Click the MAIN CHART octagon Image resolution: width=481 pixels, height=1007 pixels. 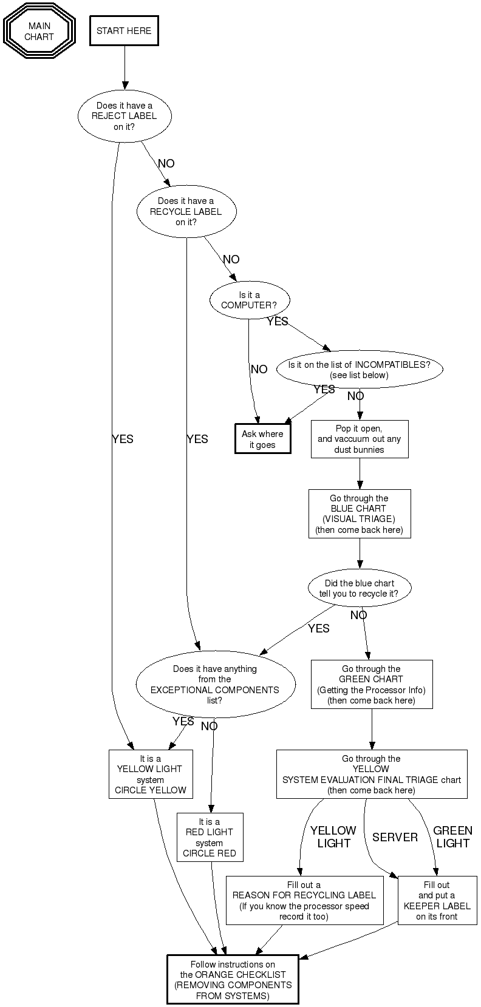point(39,32)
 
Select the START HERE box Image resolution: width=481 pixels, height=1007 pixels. point(124,31)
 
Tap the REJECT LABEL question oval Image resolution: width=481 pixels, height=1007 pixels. point(125,116)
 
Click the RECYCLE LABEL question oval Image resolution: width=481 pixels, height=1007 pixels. point(186,212)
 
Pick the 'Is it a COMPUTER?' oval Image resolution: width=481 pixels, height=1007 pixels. point(249,300)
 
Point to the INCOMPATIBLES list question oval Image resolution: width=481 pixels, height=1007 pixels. point(360,370)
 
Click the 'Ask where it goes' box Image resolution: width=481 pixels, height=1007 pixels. point(262,439)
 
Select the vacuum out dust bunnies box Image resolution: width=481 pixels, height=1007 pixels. point(359,439)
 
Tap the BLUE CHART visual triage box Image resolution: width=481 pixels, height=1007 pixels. point(359,514)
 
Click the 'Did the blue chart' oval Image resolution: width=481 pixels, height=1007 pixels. point(359,588)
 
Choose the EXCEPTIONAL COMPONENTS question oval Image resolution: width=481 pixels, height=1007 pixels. point(215,685)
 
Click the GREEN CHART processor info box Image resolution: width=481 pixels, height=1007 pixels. point(371,685)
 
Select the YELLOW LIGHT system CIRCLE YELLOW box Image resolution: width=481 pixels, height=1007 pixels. point(150,774)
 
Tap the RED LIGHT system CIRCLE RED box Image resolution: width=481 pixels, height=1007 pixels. point(210,837)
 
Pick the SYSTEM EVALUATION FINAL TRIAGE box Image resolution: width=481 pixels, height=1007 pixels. point(371,774)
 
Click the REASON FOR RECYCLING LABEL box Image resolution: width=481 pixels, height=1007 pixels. point(304,901)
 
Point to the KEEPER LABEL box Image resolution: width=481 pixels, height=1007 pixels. point(437,901)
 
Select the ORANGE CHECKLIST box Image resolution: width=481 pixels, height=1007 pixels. point(233,980)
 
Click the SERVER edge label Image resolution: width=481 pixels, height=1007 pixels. point(395,837)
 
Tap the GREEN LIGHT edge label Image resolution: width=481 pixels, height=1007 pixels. point(452,837)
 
